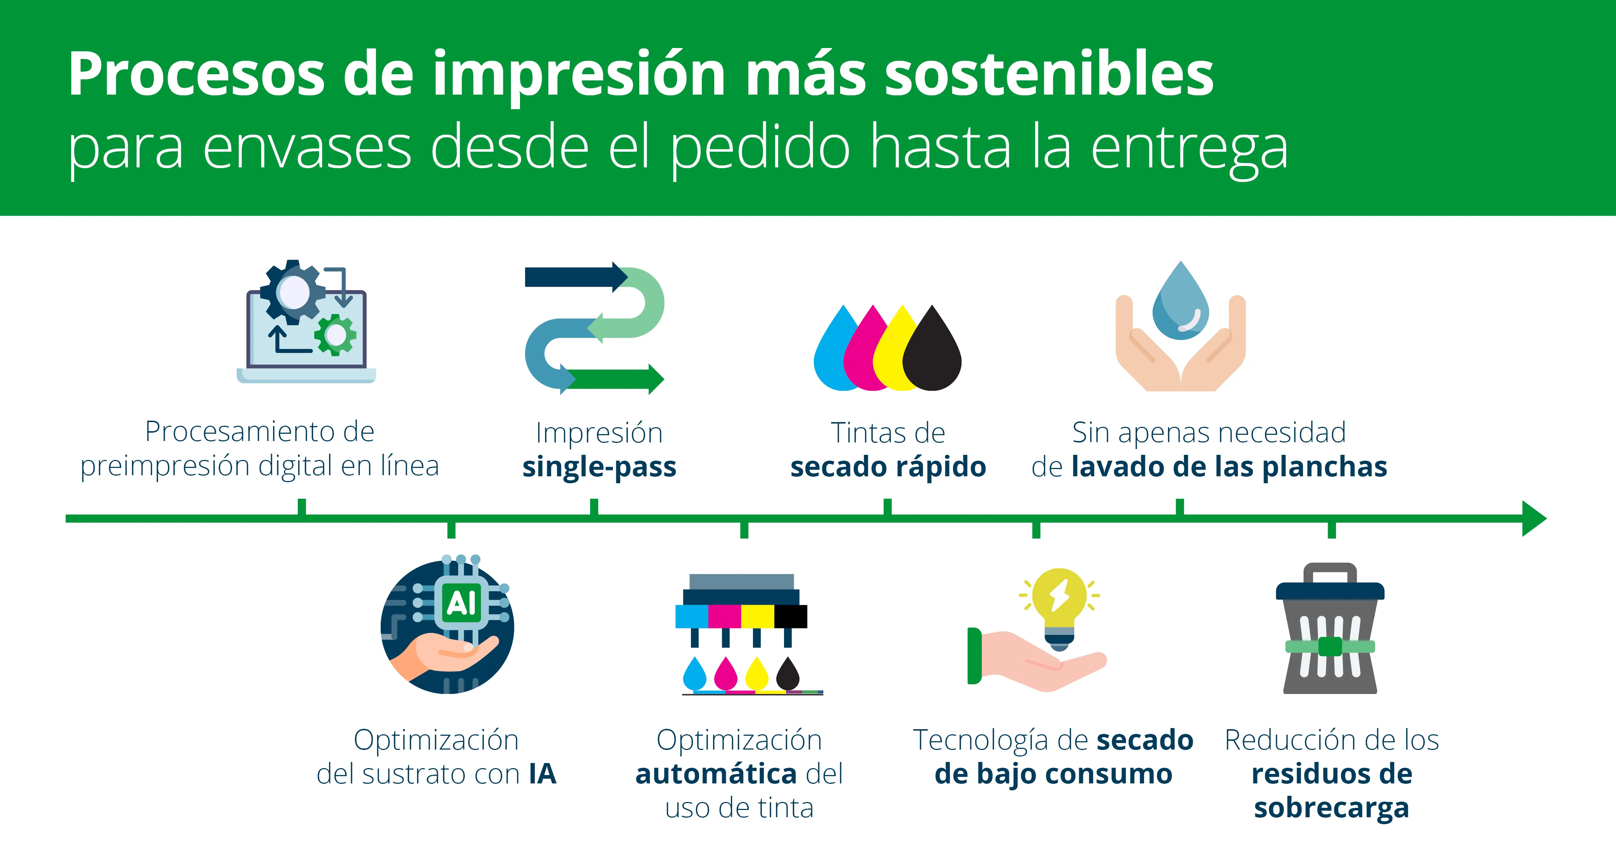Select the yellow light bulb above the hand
click(1060, 603)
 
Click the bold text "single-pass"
click(599, 467)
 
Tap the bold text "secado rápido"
click(888, 467)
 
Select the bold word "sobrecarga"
click(1331, 808)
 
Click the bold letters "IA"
click(542, 774)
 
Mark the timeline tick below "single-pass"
click(594, 507)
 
